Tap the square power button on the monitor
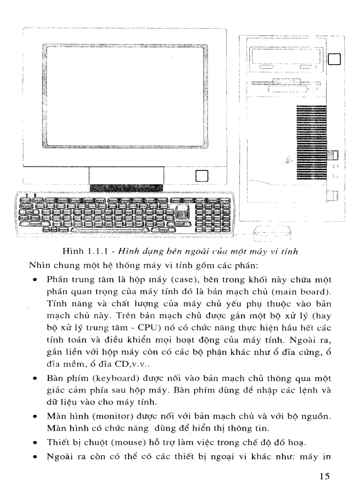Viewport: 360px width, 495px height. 201,176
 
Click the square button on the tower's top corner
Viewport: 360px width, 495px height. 335,59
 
